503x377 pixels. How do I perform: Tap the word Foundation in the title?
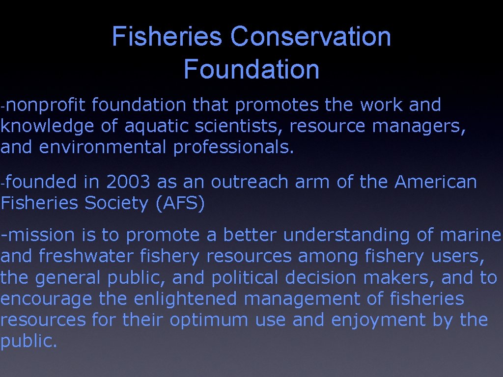251,69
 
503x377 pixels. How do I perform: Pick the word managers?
419,127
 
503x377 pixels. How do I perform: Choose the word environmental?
103,148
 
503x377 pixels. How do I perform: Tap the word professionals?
234,148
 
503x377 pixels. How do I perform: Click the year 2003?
128,182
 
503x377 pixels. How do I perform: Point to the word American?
436,182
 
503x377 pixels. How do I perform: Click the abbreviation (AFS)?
180,203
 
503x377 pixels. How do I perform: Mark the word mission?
41,236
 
